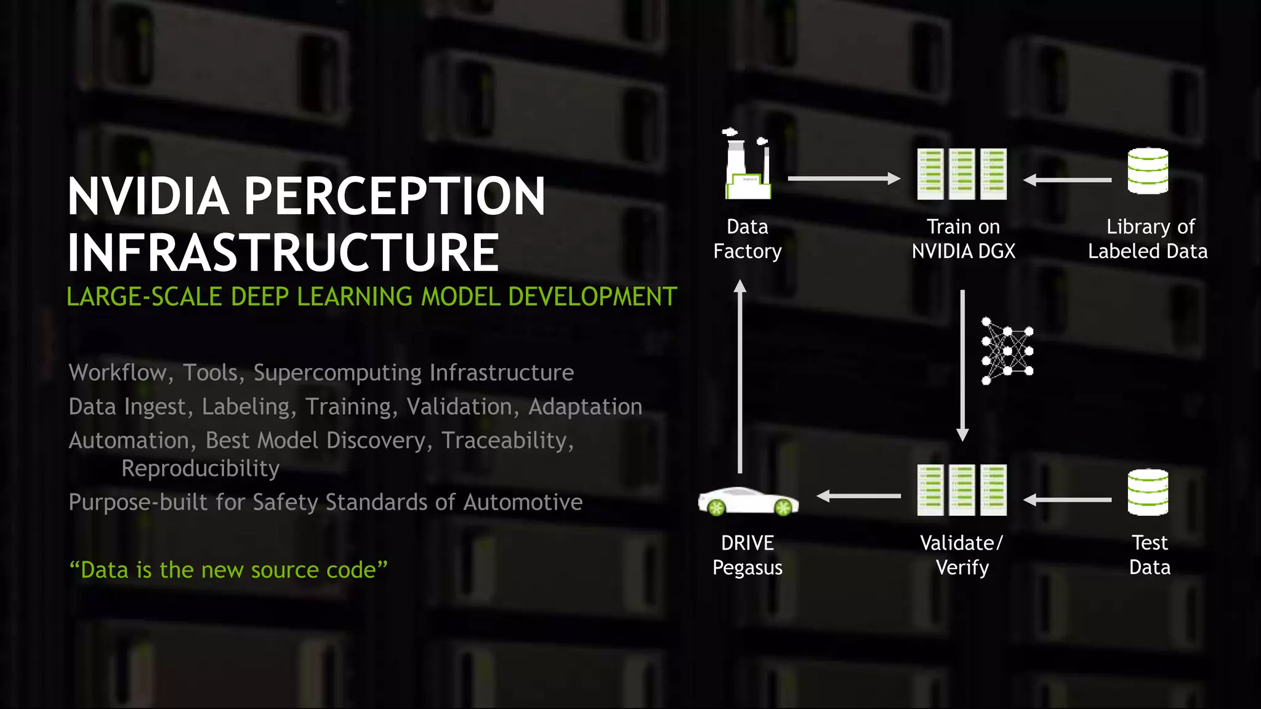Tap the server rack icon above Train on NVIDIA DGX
click(x=962, y=174)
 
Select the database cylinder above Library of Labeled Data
click(x=1148, y=171)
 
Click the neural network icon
click(x=1007, y=351)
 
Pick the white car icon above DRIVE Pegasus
click(x=748, y=500)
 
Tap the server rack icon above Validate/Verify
click(x=962, y=490)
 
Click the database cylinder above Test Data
click(x=1148, y=492)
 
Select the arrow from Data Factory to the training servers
click(x=844, y=178)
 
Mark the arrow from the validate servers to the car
click(x=858, y=495)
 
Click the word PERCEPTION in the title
click(x=394, y=196)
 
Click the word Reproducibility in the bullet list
click(x=201, y=469)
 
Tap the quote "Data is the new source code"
click(x=228, y=570)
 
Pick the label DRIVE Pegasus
click(x=747, y=555)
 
